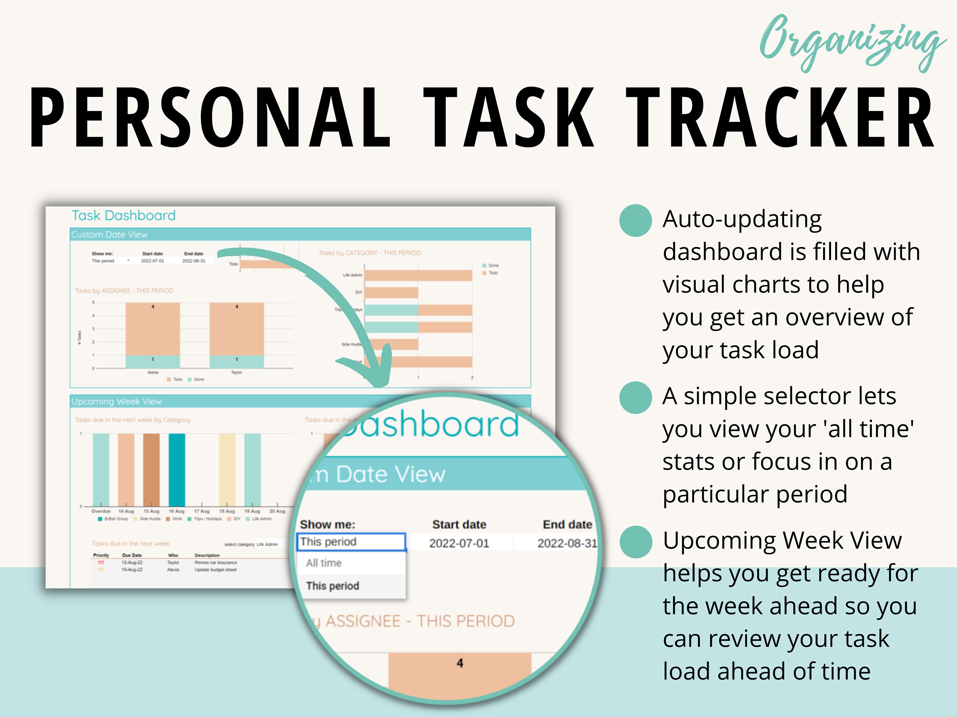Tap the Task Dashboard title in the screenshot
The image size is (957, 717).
click(123, 215)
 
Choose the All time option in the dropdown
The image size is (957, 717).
click(324, 563)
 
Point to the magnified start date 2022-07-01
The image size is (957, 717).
click(459, 543)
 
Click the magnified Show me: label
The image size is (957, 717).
click(328, 525)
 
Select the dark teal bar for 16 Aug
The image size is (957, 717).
click(176, 469)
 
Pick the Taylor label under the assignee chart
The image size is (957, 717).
click(236, 372)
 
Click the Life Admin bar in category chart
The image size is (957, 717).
click(418, 275)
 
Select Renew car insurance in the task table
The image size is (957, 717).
click(215, 563)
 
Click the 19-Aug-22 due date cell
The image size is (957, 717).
click(132, 570)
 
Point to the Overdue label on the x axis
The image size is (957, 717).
click(101, 511)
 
